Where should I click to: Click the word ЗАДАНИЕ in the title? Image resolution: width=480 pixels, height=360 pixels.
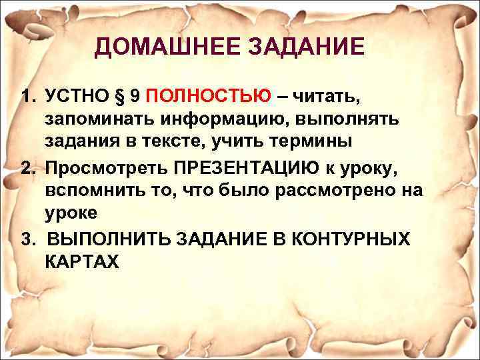(x=307, y=47)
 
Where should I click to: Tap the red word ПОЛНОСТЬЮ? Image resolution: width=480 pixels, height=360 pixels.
(x=208, y=97)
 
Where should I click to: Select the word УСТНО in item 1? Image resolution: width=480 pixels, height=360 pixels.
(x=77, y=97)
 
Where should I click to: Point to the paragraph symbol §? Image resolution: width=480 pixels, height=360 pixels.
(x=120, y=97)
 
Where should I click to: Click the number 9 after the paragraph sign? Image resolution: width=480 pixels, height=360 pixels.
(x=135, y=97)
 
